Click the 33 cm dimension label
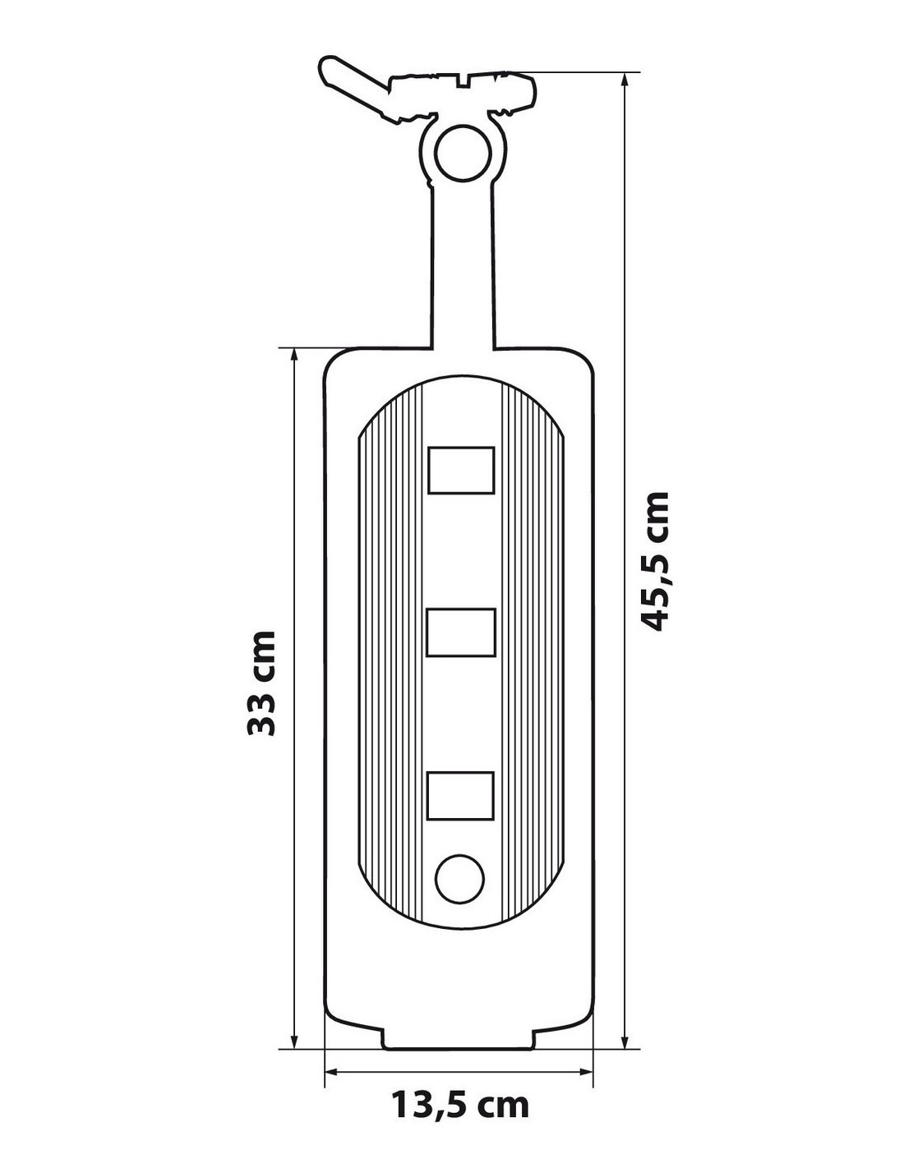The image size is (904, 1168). click(x=261, y=683)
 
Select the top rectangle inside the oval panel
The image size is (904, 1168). click(x=461, y=470)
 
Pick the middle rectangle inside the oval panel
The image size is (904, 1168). click(x=460, y=632)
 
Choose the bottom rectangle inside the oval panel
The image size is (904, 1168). click(x=459, y=796)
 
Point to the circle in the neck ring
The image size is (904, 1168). click(x=463, y=154)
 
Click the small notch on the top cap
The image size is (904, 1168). click(x=463, y=81)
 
